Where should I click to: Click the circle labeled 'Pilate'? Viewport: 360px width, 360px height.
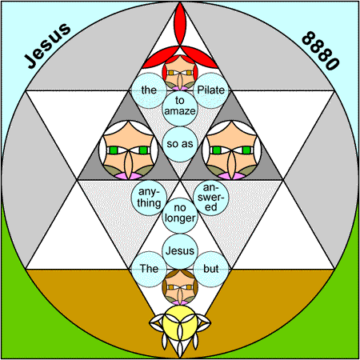[x=211, y=90]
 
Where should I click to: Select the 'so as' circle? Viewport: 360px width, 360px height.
[x=180, y=144]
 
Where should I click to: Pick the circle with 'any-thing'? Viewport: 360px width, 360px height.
[x=149, y=198]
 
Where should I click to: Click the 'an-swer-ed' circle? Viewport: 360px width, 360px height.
[x=211, y=198]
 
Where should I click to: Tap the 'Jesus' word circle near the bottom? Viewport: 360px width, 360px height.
[x=180, y=251]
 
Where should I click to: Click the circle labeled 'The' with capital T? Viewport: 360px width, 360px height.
[x=149, y=269]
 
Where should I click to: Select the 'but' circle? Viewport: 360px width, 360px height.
[x=211, y=269]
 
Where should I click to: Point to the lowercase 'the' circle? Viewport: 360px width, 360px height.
[x=149, y=90]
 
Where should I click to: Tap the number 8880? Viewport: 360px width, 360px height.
[x=321, y=50]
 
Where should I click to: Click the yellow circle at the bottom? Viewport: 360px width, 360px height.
[x=180, y=322]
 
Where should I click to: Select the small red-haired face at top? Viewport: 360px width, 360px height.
[x=180, y=73]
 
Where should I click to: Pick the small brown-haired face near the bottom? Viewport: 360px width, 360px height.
[x=180, y=287]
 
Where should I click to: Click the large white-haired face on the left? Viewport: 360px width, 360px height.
[x=129, y=150]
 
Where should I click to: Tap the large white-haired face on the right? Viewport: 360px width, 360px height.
[x=231, y=150]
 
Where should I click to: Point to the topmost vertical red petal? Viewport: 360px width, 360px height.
[x=180, y=25]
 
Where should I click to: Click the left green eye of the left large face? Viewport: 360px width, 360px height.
[x=114, y=150]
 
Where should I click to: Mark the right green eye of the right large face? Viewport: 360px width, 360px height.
[x=246, y=150]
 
